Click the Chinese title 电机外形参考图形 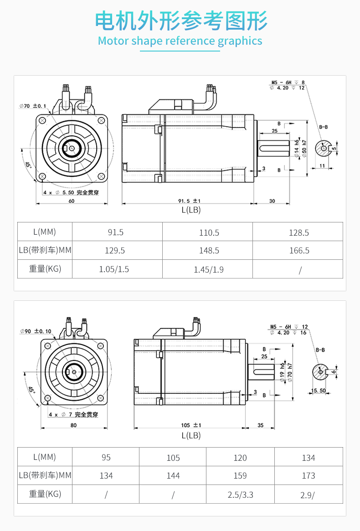(180, 21)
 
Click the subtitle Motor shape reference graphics (180, 41)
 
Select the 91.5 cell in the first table (116, 232)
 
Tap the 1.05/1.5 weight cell (114, 269)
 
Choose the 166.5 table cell (299, 251)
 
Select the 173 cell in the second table (309, 476)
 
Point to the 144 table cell (173, 476)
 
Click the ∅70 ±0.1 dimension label (33, 106)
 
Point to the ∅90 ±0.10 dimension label (35, 331)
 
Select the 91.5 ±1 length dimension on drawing (190, 201)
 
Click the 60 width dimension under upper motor (71, 201)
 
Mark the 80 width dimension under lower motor (74, 425)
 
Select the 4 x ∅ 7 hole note (73, 415)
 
